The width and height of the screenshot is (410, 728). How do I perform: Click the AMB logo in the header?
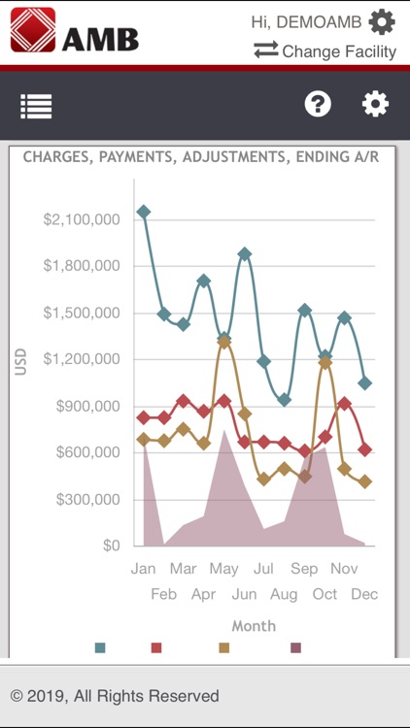click(x=74, y=30)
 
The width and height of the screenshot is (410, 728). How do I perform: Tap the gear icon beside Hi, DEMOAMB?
click(x=382, y=21)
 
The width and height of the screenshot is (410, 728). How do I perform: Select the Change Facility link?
click(x=325, y=51)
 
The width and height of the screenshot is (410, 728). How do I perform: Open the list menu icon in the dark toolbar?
click(x=36, y=106)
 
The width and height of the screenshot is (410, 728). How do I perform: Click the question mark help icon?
click(x=318, y=105)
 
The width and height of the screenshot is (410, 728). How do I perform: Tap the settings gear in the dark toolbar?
click(x=375, y=105)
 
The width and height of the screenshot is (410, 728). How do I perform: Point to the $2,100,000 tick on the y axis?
click(x=82, y=219)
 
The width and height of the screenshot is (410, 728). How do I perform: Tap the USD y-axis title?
click(x=20, y=362)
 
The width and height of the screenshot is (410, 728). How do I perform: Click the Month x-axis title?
click(x=253, y=626)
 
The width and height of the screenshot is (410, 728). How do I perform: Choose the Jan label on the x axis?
click(x=143, y=569)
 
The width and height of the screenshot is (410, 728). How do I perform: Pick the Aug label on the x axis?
click(x=284, y=593)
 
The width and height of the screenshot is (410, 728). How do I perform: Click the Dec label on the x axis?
click(x=364, y=593)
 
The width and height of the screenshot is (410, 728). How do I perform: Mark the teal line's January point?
click(x=144, y=212)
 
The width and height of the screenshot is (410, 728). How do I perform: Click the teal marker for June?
click(x=245, y=254)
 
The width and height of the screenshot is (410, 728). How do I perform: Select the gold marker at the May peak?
click(x=224, y=342)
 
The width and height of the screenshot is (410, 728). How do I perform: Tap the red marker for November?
click(x=345, y=404)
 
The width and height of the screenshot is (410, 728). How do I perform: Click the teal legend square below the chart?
click(x=100, y=647)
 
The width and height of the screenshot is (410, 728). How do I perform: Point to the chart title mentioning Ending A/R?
click(x=201, y=156)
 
